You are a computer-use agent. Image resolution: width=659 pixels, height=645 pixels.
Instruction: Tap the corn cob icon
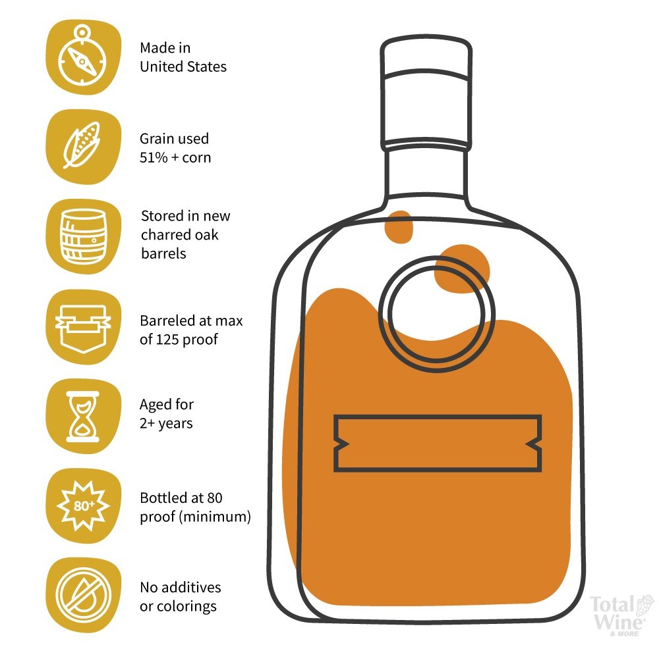(x=82, y=145)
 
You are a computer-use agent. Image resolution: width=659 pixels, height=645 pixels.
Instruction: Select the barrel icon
(x=83, y=236)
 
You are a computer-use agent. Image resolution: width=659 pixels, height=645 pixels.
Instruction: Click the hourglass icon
(x=83, y=417)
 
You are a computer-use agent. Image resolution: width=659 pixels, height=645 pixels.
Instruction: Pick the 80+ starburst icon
(x=83, y=505)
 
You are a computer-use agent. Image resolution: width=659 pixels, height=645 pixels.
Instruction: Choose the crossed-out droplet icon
(x=83, y=595)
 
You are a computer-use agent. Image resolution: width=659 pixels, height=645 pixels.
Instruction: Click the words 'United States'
(x=183, y=66)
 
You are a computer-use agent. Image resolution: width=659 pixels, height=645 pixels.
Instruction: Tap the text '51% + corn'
(x=175, y=157)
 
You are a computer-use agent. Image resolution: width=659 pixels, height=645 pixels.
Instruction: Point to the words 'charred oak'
(x=179, y=234)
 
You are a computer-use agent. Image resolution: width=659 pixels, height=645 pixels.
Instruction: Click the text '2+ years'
(x=167, y=423)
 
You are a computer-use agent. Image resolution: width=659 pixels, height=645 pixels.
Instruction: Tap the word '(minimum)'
(x=215, y=517)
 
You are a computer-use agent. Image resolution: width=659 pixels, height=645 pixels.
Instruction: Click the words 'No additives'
(x=181, y=587)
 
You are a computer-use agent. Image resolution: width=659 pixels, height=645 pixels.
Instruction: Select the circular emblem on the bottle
(x=437, y=313)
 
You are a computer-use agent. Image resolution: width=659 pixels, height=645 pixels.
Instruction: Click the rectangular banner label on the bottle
(x=437, y=444)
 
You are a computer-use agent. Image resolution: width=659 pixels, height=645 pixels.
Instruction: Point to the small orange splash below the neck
(x=399, y=226)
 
